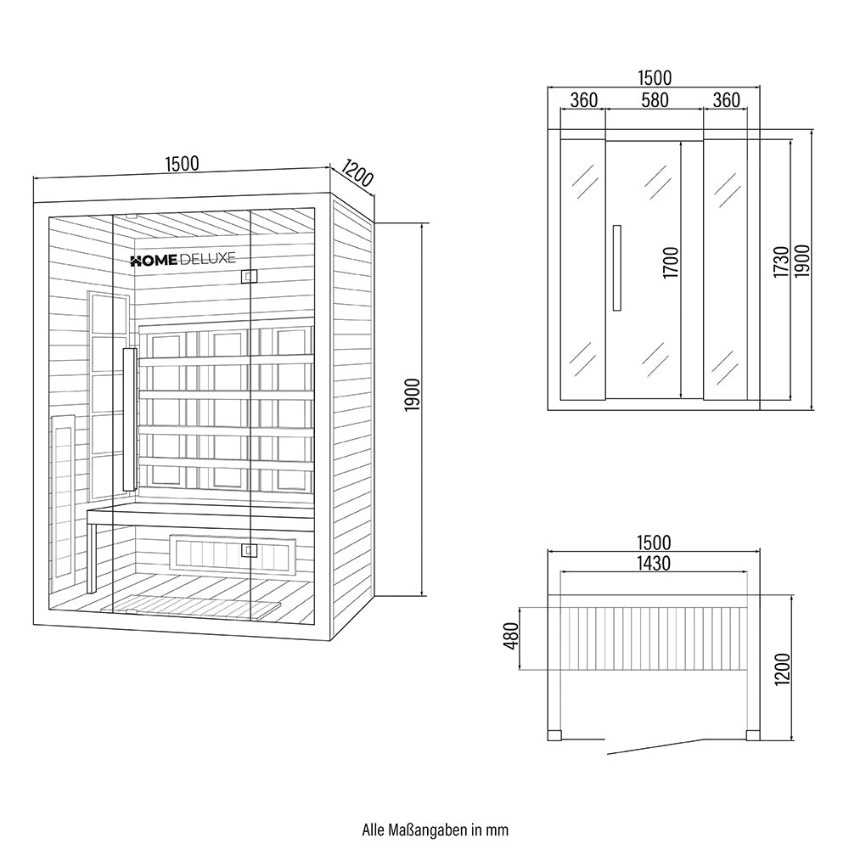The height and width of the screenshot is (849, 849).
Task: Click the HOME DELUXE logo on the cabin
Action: coord(183,261)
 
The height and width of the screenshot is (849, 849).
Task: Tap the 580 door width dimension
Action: coord(654,100)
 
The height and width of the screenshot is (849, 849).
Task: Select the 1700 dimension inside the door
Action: coord(672,263)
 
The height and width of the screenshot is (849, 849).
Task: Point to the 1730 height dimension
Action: coord(782,263)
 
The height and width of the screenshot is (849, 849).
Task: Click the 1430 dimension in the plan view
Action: coord(654,563)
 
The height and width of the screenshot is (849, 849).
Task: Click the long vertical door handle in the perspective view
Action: coord(130,418)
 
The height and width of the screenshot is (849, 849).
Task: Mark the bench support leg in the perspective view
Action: coord(93,556)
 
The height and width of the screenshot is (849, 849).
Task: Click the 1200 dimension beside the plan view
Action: coord(782,671)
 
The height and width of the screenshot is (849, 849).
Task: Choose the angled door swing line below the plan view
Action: coord(654,746)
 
